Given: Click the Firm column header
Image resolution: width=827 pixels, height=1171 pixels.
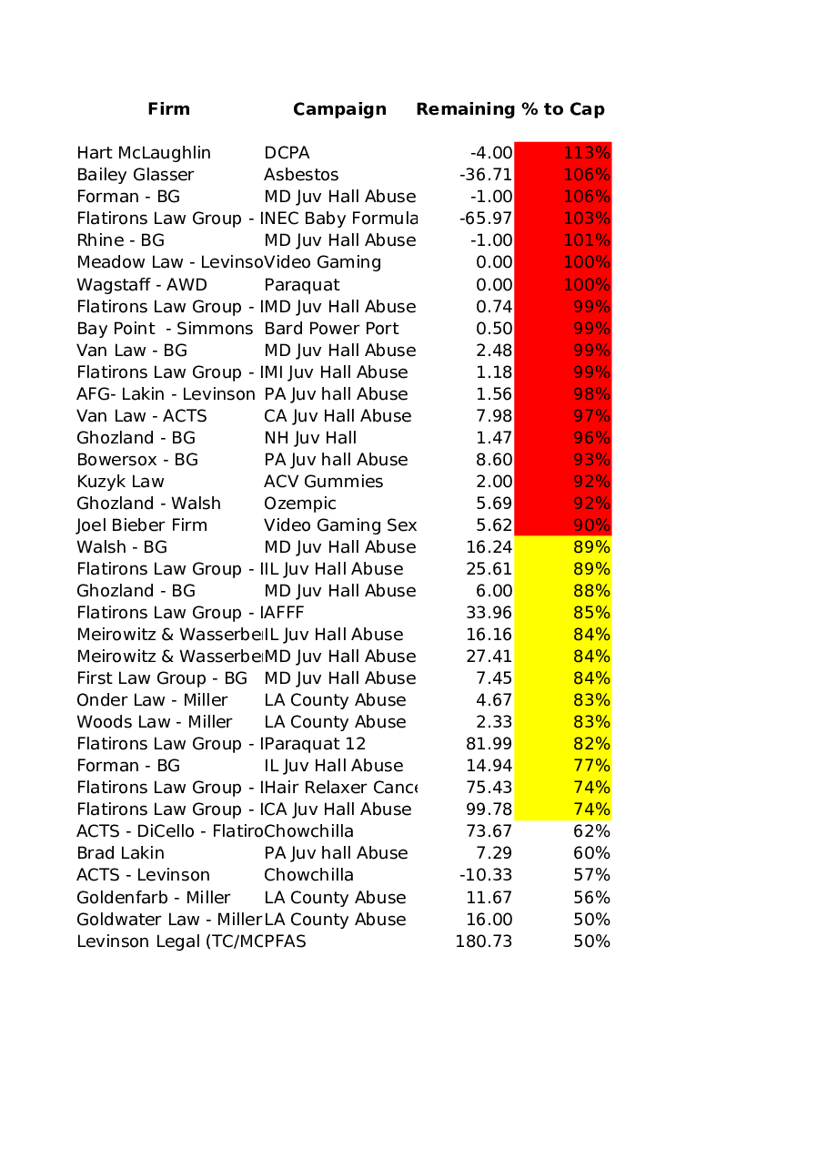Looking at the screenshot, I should (x=169, y=109).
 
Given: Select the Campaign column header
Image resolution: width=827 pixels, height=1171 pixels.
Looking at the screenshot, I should (x=339, y=109).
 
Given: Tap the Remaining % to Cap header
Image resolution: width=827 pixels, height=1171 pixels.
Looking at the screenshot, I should (x=509, y=109).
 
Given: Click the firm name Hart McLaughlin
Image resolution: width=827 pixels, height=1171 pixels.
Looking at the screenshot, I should (x=144, y=153).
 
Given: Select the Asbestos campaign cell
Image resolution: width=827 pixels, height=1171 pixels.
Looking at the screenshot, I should (x=301, y=175).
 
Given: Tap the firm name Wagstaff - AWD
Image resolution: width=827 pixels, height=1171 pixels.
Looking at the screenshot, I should (x=142, y=285).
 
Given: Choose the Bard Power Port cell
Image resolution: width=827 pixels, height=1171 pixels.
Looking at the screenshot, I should (x=331, y=329).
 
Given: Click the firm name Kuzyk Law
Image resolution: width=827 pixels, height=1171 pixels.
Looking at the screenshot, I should (x=121, y=482).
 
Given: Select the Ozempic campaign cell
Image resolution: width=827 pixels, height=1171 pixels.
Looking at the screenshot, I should (x=300, y=504).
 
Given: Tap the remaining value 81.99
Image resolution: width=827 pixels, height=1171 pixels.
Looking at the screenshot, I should (x=489, y=744).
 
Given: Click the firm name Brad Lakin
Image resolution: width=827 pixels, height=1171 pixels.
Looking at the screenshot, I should (x=121, y=853).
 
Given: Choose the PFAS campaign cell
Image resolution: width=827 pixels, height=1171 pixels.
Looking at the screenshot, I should (x=286, y=942).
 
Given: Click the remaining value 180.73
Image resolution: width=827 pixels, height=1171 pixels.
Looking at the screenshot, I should (x=484, y=942).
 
